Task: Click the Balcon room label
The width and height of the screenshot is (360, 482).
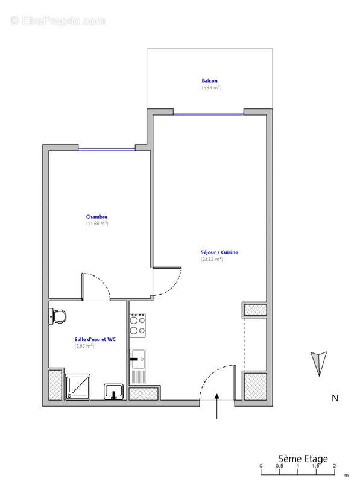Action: pos(210,81)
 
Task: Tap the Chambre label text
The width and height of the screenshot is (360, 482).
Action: pos(96,216)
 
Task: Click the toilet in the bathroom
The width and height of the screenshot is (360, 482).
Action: pos(58,315)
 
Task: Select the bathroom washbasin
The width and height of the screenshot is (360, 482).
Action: pos(113,392)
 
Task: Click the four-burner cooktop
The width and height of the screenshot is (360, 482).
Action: pos(136,325)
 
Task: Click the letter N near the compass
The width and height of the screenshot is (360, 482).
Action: pos(335,398)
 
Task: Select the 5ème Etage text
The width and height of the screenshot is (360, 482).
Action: pos(303,459)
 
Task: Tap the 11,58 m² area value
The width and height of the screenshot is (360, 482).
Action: pos(96,224)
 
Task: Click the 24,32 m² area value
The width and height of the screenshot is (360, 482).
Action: pos(212,260)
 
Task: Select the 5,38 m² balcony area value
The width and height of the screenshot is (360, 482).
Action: pos(211,88)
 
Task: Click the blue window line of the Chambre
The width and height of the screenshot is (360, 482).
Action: pos(106,149)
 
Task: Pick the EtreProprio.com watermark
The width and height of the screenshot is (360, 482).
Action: pos(58,20)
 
